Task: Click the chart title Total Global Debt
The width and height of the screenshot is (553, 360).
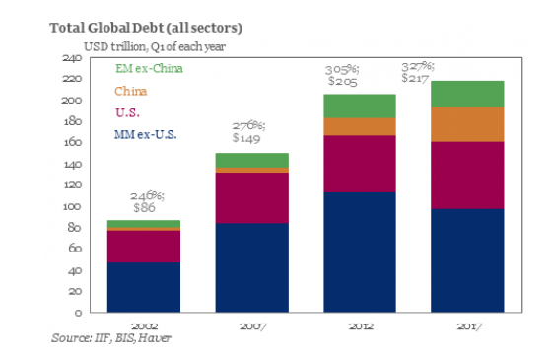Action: (x=146, y=28)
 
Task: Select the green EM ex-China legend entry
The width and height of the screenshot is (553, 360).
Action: (x=149, y=68)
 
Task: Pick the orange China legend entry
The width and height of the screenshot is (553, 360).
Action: (x=130, y=91)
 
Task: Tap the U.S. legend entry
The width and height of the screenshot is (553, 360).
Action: (x=127, y=113)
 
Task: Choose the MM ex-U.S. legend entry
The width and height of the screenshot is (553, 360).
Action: (x=145, y=135)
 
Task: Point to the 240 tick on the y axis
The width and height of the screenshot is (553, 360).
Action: (x=72, y=57)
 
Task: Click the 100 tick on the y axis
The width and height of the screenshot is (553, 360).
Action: (x=72, y=206)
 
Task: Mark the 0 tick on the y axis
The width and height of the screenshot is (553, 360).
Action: (x=78, y=313)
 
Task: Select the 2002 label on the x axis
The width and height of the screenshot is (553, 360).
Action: (x=144, y=326)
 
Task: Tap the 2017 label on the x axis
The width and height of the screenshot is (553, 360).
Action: (x=469, y=326)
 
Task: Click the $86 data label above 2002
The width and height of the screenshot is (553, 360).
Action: (x=144, y=207)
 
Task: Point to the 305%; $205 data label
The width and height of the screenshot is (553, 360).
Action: (x=342, y=75)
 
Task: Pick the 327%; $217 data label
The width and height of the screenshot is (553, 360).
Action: (x=418, y=72)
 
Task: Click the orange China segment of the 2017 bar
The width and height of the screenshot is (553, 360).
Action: (x=467, y=124)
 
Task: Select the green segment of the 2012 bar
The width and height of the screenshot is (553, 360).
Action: (x=360, y=106)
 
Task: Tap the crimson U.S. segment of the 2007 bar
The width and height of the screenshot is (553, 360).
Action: (x=252, y=197)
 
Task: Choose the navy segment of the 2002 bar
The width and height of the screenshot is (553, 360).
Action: (x=144, y=287)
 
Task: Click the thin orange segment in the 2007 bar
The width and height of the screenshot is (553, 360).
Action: (x=252, y=170)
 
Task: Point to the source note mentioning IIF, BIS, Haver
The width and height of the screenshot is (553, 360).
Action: (x=111, y=338)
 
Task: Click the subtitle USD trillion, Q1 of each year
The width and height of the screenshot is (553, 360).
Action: (x=155, y=47)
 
